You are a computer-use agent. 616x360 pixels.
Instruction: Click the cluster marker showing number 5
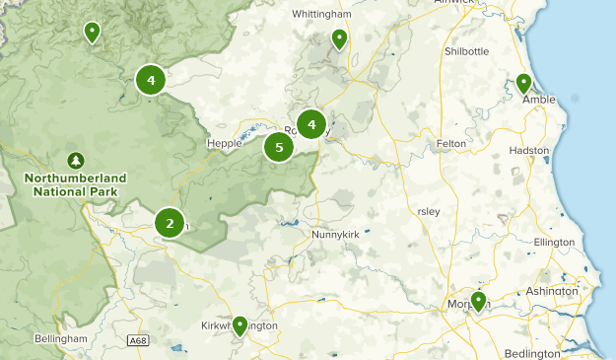pos(279,148)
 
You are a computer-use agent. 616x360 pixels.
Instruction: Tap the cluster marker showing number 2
pos(170,224)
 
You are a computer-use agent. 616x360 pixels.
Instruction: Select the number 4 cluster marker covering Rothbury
pos(311,125)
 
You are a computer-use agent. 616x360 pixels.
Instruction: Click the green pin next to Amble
pos(523,85)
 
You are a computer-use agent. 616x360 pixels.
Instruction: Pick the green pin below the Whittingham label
pos(339,39)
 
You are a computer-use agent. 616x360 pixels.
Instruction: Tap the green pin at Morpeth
pos(478,301)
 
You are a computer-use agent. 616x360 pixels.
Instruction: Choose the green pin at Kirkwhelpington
pos(240,326)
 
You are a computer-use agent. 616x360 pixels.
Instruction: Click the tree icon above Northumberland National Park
pos(75,159)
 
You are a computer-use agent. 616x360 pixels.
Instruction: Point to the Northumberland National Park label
pos(75,183)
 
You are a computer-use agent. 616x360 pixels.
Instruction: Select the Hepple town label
pos(224,143)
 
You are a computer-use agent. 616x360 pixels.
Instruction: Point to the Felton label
pos(450,144)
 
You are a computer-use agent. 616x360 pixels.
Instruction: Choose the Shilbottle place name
pos(466,51)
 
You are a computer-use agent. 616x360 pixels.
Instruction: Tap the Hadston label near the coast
pos(529,151)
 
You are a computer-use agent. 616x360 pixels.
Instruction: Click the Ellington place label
pos(553,242)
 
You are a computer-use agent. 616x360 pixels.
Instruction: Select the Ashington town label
pos(551,291)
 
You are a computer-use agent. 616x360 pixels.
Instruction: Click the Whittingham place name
pos(323,15)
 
